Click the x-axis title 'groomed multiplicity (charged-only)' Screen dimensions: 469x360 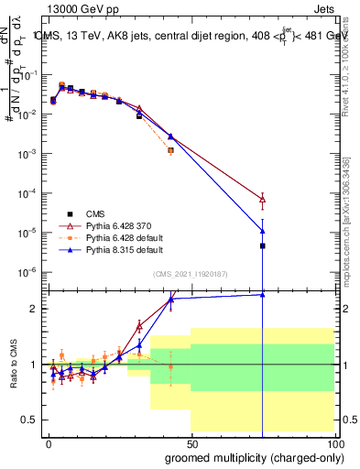pyautogui.click(x=250, y=457)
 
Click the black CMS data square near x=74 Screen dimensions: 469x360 pyautogui.click(x=262, y=245)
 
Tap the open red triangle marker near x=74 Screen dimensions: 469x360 pyautogui.click(x=262, y=199)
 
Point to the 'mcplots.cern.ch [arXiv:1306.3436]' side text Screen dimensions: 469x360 pyautogui.click(x=353, y=220)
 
